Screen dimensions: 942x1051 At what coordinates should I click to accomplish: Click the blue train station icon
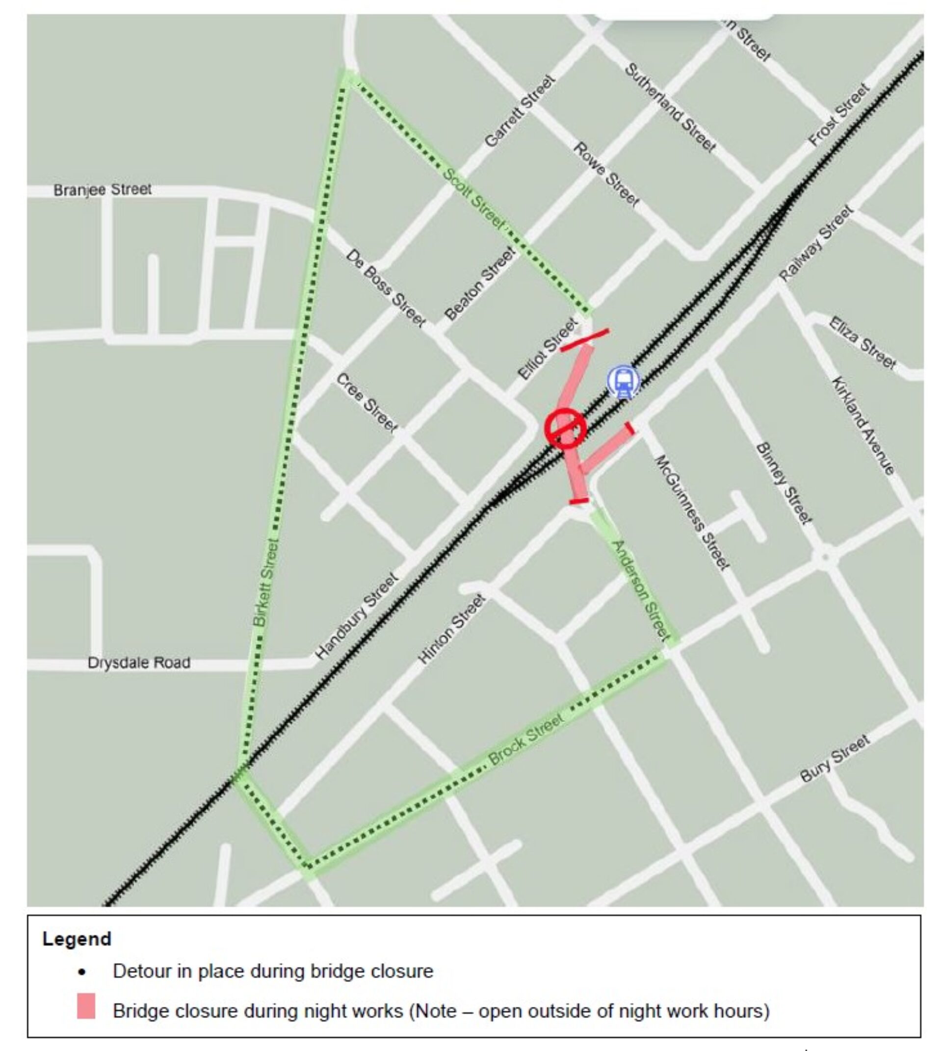point(623,382)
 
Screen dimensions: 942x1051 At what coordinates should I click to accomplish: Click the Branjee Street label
point(103,190)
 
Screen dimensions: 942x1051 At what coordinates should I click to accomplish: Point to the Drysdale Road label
point(139,663)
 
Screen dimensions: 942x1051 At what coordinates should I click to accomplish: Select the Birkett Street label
point(266,583)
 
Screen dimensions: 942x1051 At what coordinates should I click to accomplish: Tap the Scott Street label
point(474,198)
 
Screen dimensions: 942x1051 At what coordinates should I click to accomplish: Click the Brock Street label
point(526,739)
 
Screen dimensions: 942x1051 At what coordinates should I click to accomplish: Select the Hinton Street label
point(451,629)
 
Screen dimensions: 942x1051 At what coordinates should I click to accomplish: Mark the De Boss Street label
point(386,288)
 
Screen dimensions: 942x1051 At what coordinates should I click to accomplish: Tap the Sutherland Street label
point(670,107)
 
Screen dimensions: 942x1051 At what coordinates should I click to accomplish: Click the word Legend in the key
point(77,939)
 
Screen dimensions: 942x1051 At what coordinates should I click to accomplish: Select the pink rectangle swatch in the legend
point(86,1005)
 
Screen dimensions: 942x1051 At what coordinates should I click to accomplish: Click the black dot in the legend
point(82,972)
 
